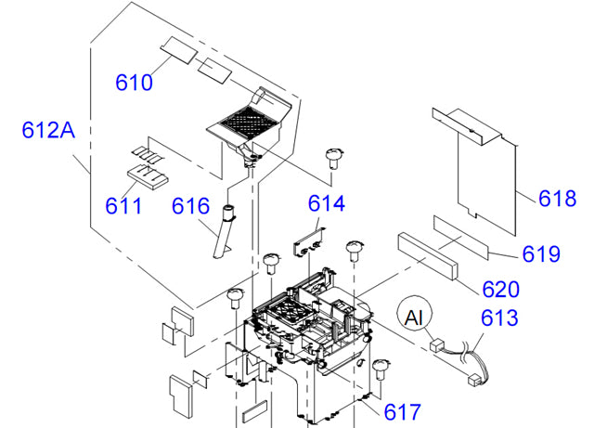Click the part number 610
click(x=134, y=83)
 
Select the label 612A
click(x=48, y=132)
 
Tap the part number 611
click(x=123, y=204)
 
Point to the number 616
click(x=192, y=205)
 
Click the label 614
click(x=326, y=203)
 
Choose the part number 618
click(x=558, y=198)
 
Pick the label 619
click(x=541, y=253)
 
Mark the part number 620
click(x=500, y=289)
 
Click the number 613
click(x=500, y=318)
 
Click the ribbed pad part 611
click(x=143, y=172)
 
